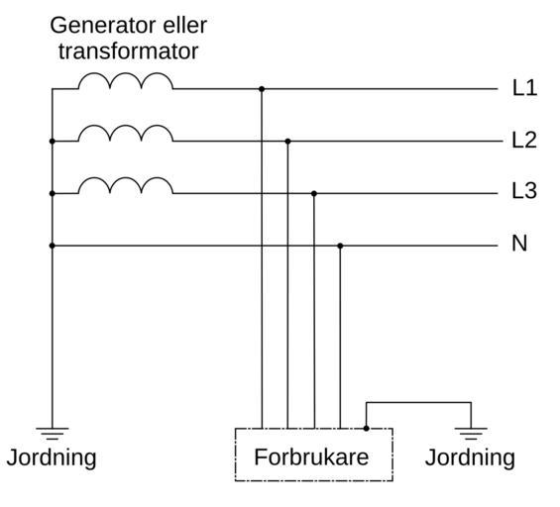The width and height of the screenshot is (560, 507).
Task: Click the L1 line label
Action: click(x=524, y=88)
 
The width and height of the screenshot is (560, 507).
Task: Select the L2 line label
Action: click(x=524, y=140)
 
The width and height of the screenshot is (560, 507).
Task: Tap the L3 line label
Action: click(x=524, y=190)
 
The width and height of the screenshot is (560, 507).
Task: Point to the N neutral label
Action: click(x=519, y=244)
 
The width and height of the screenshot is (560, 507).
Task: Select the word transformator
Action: click(x=128, y=51)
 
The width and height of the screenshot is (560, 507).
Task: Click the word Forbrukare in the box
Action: click(x=311, y=457)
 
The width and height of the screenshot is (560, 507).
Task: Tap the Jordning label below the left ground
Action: click(x=52, y=458)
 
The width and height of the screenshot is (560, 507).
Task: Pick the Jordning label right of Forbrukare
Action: click(x=470, y=458)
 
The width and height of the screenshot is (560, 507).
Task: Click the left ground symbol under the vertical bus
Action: click(x=53, y=433)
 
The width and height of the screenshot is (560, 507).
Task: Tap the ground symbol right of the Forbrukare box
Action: click(x=471, y=433)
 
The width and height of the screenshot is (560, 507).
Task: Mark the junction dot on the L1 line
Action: click(x=262, y=89)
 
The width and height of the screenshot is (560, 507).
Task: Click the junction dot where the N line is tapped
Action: click(x=340, y=246)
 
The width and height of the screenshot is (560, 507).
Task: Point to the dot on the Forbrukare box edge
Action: click(x=366, y=428)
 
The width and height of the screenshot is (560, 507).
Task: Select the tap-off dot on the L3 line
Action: click(x=314, y=194)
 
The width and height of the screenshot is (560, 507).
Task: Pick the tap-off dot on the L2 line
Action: click(x=287, y=142)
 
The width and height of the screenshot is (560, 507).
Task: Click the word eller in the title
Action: click(x=185, y=26)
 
